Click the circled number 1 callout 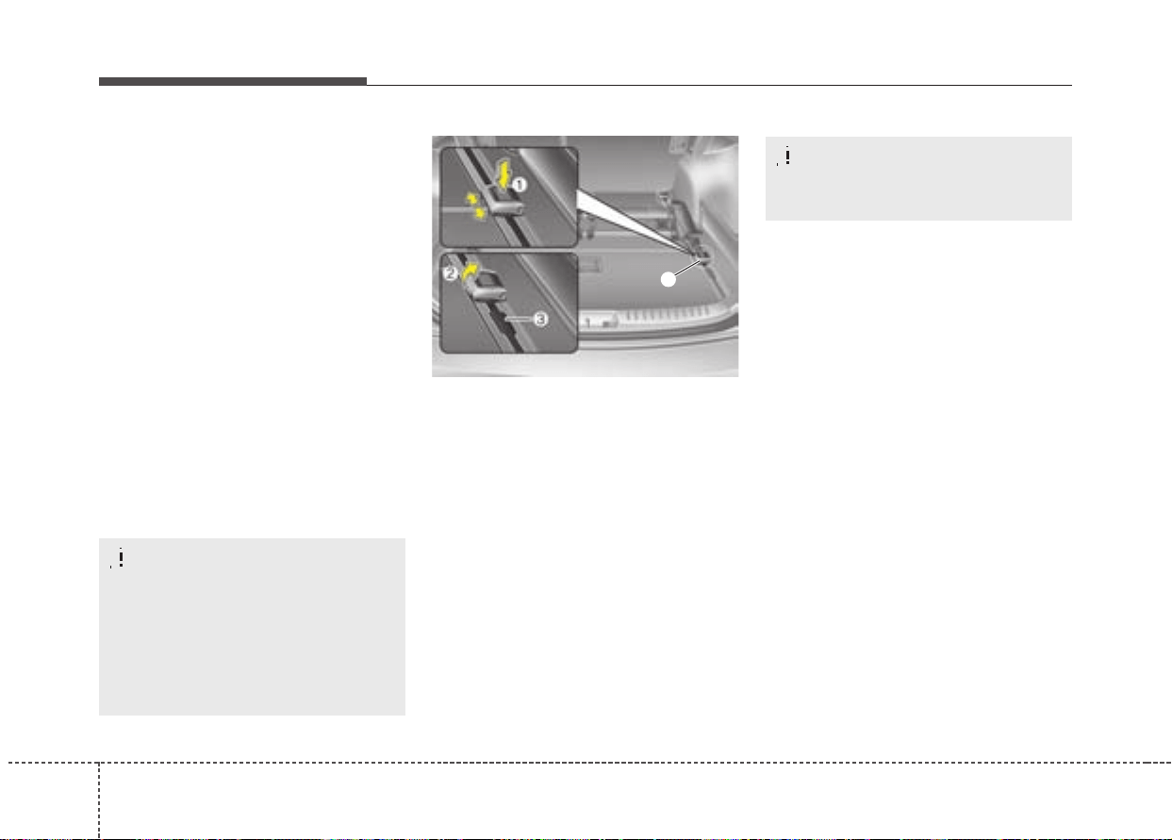point(519,185)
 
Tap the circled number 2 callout point(450,273)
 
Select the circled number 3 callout point(540,319)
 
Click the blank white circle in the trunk point(669,279)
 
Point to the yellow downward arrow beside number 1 point(503,174)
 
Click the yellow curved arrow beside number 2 point(470,272)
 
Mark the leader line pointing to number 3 point(519,318)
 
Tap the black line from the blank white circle point(687,268)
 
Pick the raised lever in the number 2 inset point(487,286)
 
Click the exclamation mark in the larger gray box point(121,557)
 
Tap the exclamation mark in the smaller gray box point(787,156)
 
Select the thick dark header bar point(233,81)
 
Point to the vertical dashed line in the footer point(99,800)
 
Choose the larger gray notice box point(252,627)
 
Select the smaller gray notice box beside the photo point(918,178)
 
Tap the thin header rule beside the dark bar point(719,85)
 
